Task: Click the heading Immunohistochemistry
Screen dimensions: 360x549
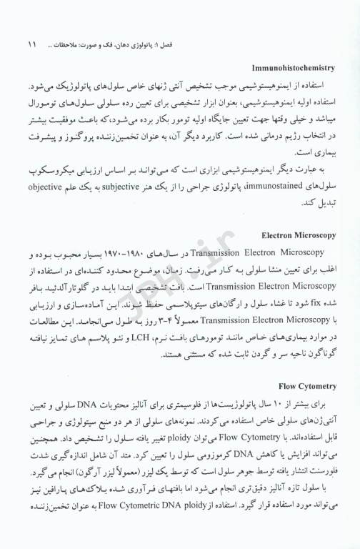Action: [x=294, y=68]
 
